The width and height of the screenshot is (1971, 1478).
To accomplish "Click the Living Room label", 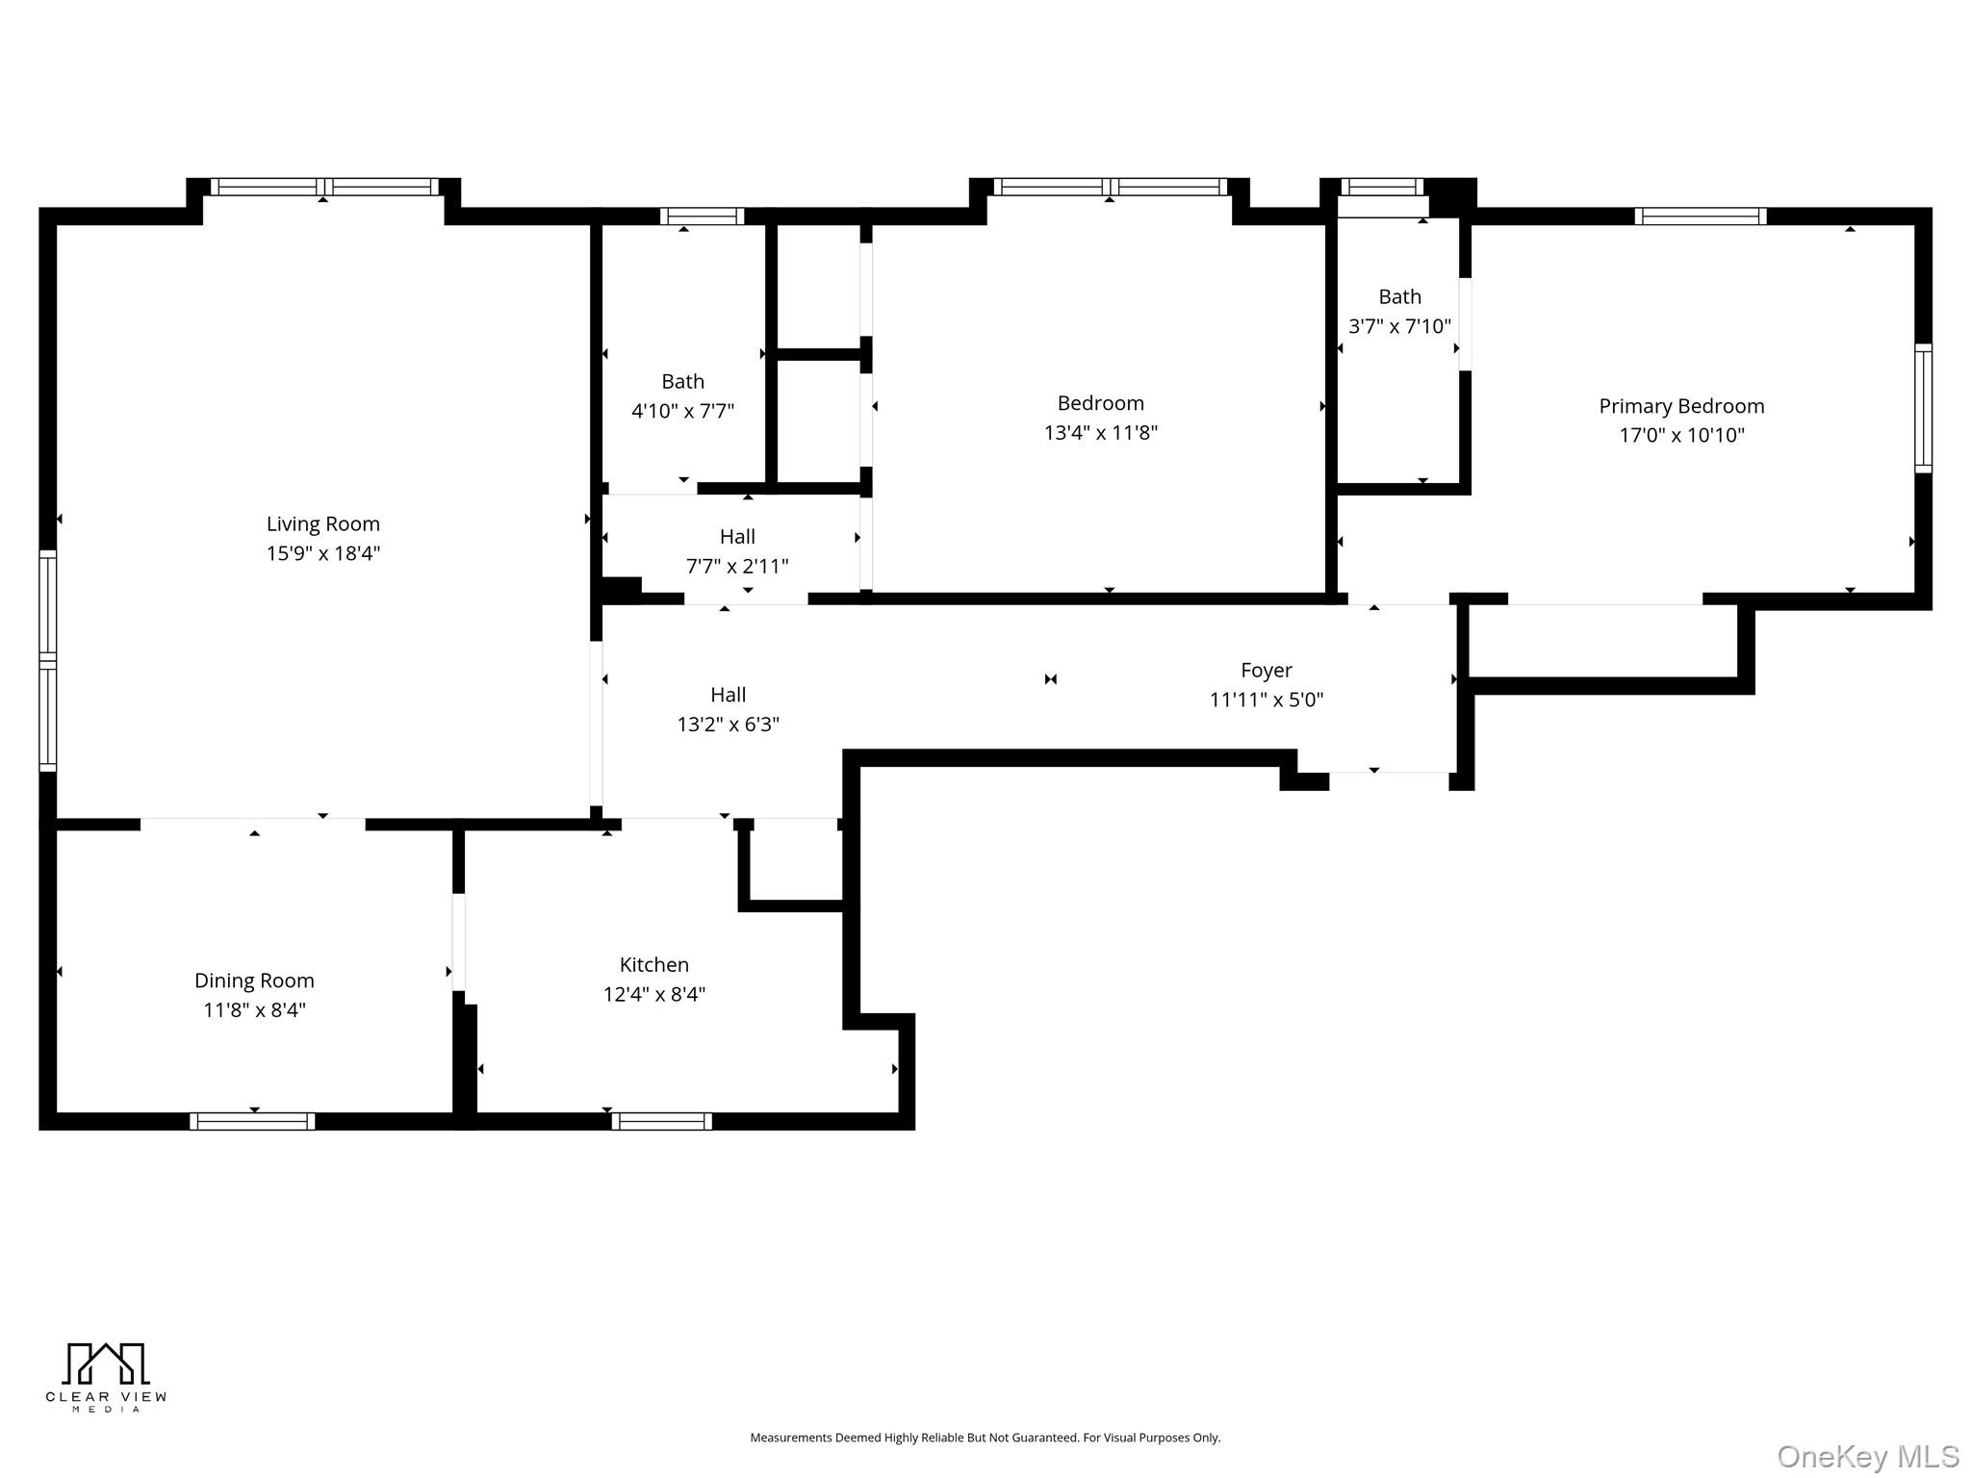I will coord(322,523).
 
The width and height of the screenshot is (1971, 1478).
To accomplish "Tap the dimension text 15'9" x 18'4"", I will coord(322,553).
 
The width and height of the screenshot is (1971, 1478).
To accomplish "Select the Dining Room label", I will coord(254,981).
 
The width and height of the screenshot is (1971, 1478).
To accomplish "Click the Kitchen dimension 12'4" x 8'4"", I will coord(653,994).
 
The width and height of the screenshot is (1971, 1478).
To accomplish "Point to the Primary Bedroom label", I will coord(1680,406).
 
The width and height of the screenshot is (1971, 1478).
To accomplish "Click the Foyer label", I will coord(1266,670).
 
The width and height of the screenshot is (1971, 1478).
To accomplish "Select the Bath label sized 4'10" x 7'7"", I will coord(682,381).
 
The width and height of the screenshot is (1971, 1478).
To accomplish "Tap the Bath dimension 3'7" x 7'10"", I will coord(1398,326).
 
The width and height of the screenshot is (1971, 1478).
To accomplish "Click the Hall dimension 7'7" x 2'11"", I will coord(736,566).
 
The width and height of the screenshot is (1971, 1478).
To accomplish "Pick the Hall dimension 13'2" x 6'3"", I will coord(728,724).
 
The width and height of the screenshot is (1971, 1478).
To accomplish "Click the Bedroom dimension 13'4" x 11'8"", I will coord(1100,432).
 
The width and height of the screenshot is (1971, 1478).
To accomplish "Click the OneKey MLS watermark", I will coord(1867,1456).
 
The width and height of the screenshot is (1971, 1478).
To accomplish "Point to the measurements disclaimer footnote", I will coord(985,1438).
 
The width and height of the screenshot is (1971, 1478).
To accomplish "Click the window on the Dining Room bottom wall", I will coord(252,1121).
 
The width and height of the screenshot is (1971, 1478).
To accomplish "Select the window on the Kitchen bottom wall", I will coord(661,1121).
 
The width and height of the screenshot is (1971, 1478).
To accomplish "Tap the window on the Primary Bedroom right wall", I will coord(1922,408).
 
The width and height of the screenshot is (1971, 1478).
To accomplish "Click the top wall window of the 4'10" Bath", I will coord(702,217).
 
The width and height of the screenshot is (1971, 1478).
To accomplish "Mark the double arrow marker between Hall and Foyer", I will coord(1050,679).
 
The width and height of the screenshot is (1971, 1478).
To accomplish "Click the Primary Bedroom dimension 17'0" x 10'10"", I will coord(1680,435).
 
